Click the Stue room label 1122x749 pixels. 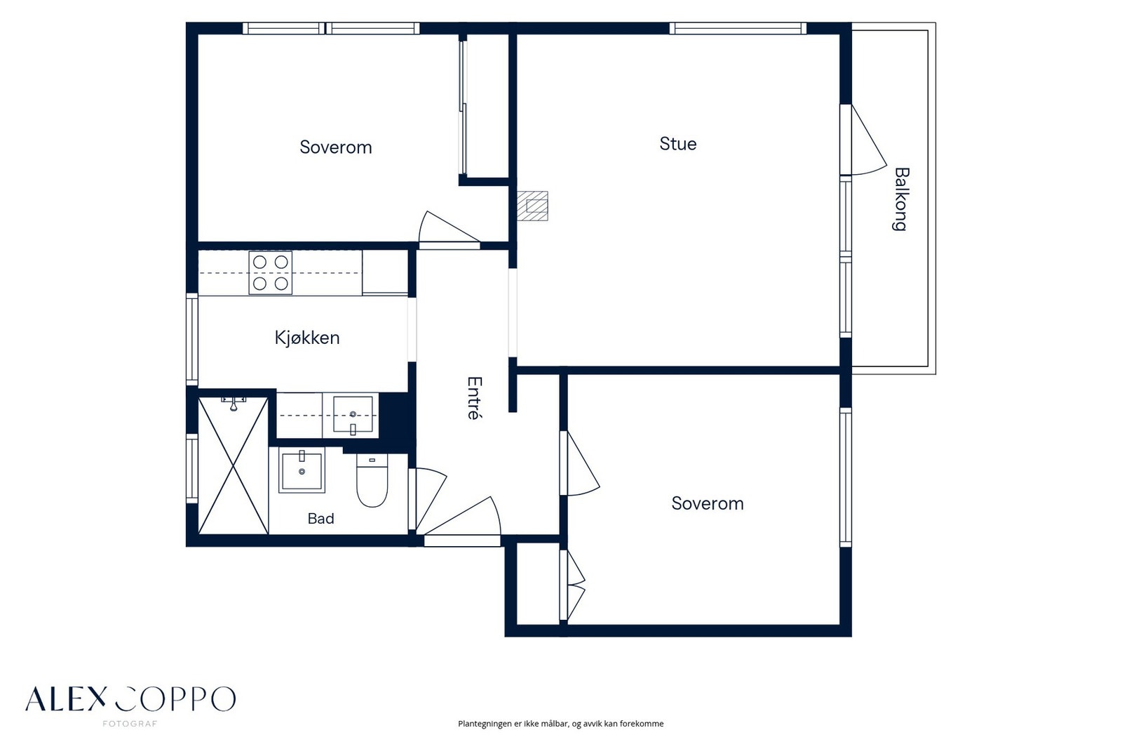677,144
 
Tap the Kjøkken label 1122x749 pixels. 307,338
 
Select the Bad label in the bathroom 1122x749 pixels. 320,518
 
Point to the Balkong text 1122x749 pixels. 901,199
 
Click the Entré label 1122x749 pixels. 474,398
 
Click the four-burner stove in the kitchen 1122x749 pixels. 271,273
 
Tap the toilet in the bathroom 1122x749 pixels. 372,481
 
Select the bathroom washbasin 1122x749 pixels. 302,470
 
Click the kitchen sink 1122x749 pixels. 353,414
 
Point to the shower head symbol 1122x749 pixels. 234,404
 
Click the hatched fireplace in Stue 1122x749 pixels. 532,206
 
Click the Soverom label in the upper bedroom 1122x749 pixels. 336,147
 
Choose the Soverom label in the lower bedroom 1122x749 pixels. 708,503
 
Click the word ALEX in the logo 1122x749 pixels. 66,699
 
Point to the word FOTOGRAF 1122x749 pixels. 130,724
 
